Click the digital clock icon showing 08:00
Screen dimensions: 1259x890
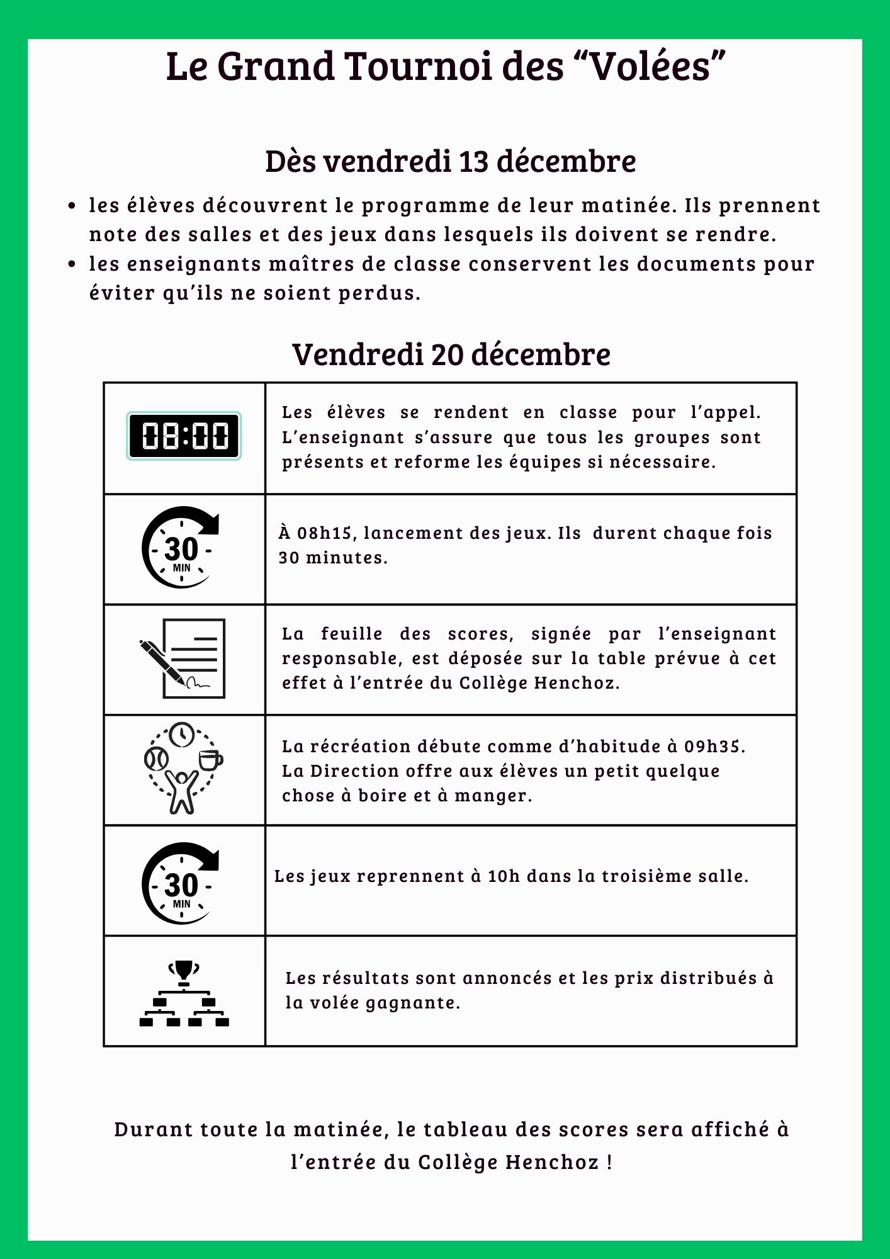[184, 436]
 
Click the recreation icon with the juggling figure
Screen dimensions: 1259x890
[183, 769]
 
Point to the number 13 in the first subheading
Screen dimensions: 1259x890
[473, 162]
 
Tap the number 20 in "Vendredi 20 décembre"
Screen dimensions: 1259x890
[447, 354]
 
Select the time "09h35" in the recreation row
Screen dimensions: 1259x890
[713, 747]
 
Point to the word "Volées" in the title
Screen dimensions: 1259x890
[648, 67]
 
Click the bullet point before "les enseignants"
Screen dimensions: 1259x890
[72, 264]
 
